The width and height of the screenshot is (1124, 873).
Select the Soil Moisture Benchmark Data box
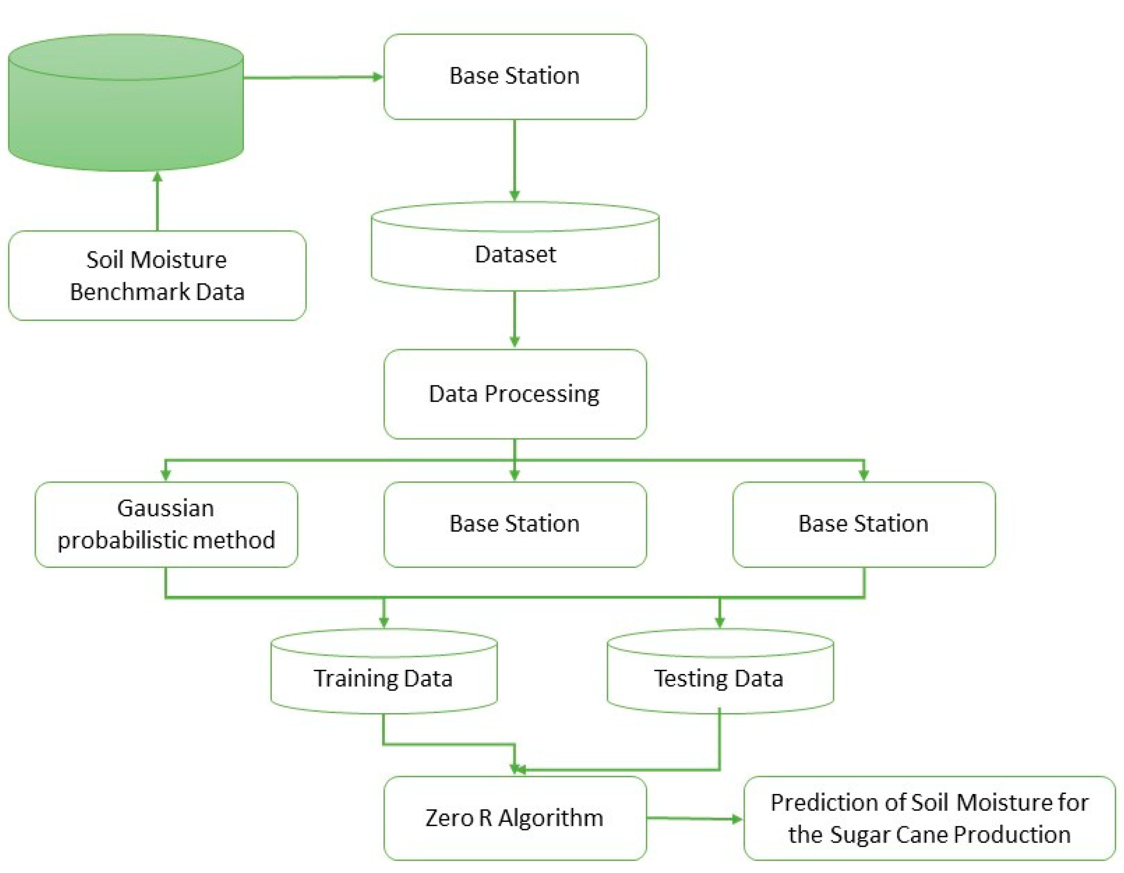(x=157, y=276)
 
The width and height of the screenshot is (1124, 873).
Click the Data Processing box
(x=514, y=394)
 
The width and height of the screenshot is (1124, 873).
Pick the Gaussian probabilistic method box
(x=166, y=524)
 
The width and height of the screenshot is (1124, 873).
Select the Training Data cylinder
(x=383, y=678)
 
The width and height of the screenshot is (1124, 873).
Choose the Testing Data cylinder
(x=719, y=678)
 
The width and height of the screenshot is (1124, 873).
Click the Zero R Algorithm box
(x=514, y=818)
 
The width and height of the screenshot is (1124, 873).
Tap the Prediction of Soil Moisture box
(x=929, y=818)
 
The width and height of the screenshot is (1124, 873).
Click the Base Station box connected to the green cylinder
(x=514, y=76)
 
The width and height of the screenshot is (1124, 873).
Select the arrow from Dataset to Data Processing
(x=514, y=319)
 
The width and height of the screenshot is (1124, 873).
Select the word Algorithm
(x=551, y=818)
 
